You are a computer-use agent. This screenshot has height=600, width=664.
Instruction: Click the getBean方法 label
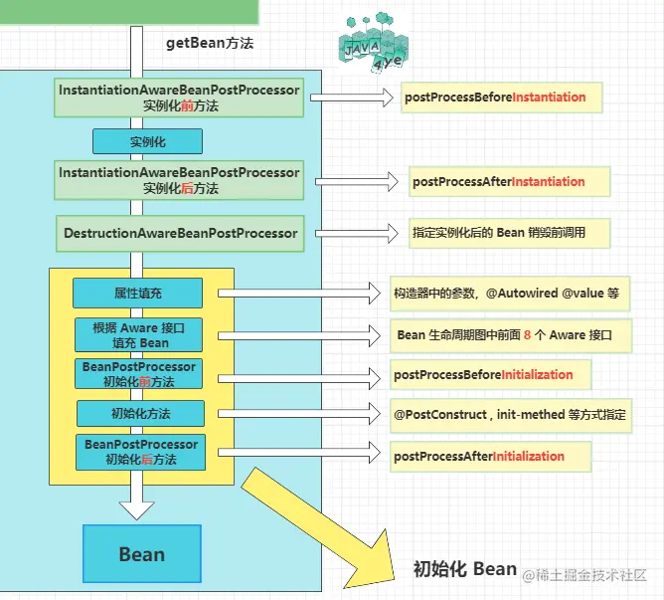click(210, 43)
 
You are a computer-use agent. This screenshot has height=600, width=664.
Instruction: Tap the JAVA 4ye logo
click(373, 43)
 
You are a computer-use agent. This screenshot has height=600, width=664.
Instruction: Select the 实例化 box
click(147, 141)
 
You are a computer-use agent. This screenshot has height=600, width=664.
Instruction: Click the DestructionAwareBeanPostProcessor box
click(180, 233)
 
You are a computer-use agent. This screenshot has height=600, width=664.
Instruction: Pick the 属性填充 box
click(137, 293)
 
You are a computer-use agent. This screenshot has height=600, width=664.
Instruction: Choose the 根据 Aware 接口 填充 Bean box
click(138, 335)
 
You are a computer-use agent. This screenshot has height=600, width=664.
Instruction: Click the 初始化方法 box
click(140, 413)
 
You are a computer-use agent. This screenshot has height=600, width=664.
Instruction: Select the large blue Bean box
click(142, 554)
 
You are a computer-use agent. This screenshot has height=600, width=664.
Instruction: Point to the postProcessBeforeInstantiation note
click(501, 98)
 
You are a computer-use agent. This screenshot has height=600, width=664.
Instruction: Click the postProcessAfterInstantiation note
click(510, 181)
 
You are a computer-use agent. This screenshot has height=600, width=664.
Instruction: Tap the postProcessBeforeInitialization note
click(490, 375)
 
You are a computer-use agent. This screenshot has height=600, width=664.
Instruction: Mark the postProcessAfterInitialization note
click(490, 457)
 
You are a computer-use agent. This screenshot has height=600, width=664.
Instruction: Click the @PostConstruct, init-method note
click(511, 415)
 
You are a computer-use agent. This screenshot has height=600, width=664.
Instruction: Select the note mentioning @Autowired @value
click(510, 294)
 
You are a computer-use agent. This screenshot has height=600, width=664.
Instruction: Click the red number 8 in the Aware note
click(527, 335)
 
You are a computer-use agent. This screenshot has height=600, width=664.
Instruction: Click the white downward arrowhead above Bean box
click(137, 510)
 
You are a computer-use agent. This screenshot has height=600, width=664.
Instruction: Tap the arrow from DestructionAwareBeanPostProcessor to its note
click(357, 233)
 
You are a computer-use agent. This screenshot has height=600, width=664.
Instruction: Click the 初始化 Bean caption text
click(465, 568)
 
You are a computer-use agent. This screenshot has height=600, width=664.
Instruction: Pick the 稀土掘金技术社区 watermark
click(584, 575)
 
